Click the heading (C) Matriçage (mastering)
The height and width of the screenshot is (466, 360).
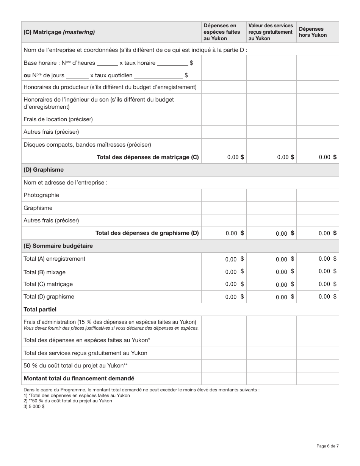59,32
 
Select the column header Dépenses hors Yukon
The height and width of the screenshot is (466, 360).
313,32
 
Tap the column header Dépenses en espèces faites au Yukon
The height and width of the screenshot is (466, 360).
222,32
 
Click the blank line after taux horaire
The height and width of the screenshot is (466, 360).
172,63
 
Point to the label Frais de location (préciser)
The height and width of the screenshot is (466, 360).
58,119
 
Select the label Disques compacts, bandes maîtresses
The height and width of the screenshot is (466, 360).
87,145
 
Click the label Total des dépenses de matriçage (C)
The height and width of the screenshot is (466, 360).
148,157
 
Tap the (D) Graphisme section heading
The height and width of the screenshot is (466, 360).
44,170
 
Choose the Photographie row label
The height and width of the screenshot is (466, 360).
41,195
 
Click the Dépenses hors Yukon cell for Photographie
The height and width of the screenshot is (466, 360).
318,195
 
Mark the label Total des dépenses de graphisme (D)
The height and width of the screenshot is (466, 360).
147,233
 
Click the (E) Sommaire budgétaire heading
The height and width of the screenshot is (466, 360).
58,246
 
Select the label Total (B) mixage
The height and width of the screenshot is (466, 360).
44,272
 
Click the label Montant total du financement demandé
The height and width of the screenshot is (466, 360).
79,378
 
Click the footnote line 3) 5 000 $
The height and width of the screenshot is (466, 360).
34,406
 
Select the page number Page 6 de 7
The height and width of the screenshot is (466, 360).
327,446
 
